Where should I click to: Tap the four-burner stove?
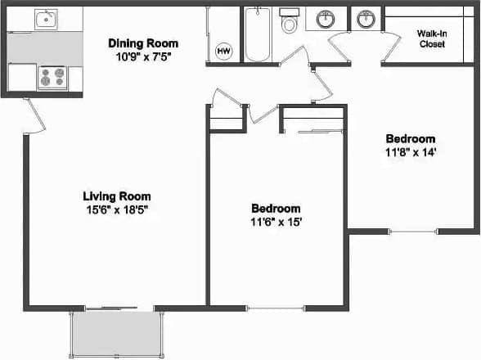pos(52,78)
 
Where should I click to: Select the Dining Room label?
pos(143,43)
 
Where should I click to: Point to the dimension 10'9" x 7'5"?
pos(143,56)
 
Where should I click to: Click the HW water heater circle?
pos(223,52)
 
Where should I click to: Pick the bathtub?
pos(258,34)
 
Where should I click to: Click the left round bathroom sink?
pos(327,18)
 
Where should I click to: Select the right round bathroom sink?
pos(366,18)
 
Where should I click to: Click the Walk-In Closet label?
pos(431,38)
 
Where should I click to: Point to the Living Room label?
pos(117,196)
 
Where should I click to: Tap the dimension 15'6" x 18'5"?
pos(117,209)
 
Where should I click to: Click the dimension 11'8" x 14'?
pos(411,152)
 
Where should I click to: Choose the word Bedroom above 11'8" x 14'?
pos(411,139)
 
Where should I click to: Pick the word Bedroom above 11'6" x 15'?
pos(276,209)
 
